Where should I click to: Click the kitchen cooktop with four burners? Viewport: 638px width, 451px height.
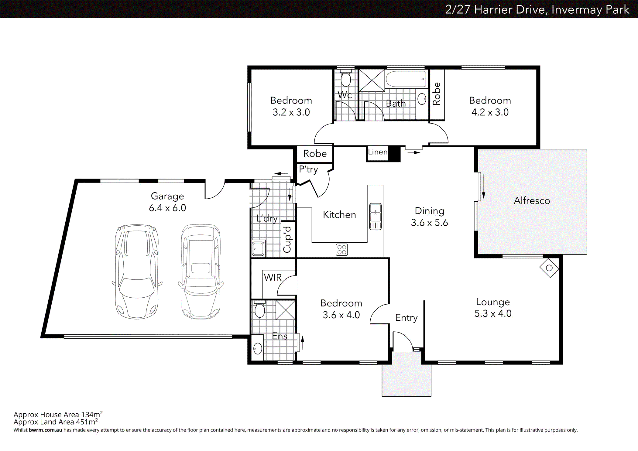coord(342,250)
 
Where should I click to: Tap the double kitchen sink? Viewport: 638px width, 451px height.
coord(376,216)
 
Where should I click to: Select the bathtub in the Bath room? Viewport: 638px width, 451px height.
coord(406,79)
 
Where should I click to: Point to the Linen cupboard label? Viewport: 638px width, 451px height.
coord(378,152)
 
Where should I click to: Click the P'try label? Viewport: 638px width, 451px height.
coord(308,169)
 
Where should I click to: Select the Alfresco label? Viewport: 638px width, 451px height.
coord(532,201)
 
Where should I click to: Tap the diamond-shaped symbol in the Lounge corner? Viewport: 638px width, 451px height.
coord(549,268)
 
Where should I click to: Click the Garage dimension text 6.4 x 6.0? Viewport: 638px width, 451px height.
coord(167,208)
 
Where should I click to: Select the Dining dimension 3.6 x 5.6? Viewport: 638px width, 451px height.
coord(429,223)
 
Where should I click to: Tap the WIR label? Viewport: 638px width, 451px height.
coord(273,278)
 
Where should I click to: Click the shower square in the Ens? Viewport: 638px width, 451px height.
coord(285,310)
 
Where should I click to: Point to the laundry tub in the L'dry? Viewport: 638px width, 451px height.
coord(258,249)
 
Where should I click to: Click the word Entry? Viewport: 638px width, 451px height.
coord(406,318)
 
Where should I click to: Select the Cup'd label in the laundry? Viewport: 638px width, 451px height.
coord(287,240)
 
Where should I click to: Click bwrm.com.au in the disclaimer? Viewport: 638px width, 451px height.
coord(45,430)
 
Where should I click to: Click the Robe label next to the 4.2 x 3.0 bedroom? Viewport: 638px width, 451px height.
coord(437,94)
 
